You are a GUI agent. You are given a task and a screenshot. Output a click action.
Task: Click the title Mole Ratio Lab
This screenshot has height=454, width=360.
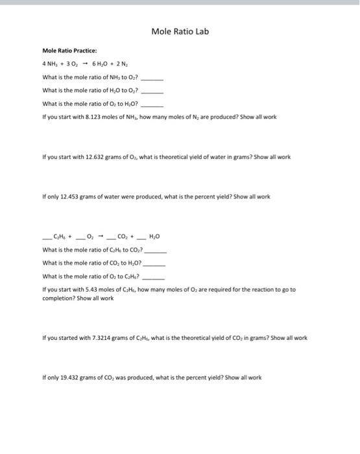coord(180,31)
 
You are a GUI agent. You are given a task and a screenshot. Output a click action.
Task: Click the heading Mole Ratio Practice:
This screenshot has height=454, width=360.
coord(69,51)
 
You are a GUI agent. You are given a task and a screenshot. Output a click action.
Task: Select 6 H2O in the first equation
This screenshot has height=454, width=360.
coord(103,64)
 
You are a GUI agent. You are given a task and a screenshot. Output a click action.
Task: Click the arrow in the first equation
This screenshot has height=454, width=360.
coord(85,64)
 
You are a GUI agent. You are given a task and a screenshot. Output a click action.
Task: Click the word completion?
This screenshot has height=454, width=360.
coord(59,298)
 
